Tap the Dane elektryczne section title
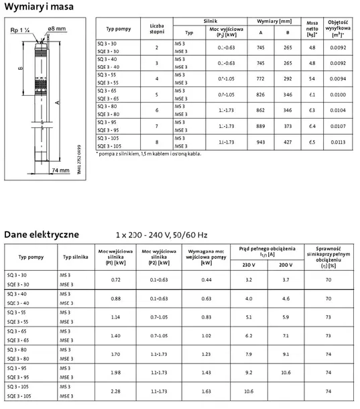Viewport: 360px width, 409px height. (42, 234)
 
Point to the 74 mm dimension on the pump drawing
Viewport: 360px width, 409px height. (60, 171)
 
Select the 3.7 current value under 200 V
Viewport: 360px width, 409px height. (286, 278)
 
